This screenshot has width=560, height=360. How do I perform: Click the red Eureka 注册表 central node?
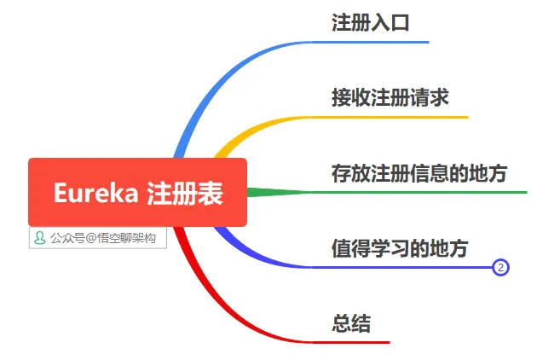[x=137, y=192]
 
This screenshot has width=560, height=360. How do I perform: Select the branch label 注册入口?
[x=371, y=23]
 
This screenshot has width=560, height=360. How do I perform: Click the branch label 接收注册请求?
[x=390, y=97]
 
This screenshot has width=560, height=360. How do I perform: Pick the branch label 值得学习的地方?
[x=400, y=248]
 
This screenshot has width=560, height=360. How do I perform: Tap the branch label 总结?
[x=351, y=323]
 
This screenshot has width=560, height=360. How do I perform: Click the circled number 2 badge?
[x=501, y=268]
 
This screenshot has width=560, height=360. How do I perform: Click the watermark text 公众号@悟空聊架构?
[x=103, y=238]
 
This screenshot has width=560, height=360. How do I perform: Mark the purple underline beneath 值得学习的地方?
[x=401, y=267]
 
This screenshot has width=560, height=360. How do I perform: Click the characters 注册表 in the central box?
[x=185, y=194]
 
